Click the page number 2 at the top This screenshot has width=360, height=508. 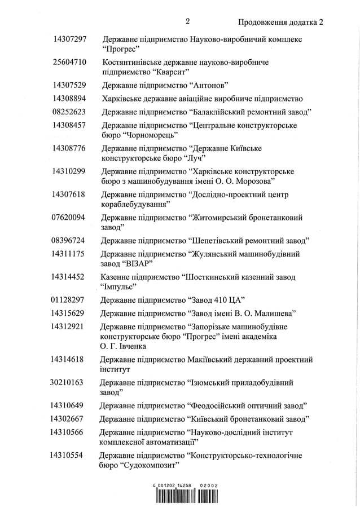[x=187, y=21]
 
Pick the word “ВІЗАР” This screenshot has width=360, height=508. [x=137, y=264]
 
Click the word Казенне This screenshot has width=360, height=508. [x=116, y=277]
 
